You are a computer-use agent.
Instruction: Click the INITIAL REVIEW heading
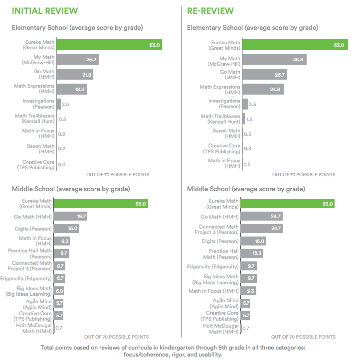(44, 10)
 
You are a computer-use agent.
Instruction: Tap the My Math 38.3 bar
(273, 60)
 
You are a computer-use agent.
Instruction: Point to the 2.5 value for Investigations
(66, 105)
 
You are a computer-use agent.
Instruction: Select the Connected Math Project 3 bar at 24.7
(262, 229)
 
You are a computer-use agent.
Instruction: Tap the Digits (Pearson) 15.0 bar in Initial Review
(66, 228)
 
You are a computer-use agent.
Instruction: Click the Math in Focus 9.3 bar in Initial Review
(61, 241)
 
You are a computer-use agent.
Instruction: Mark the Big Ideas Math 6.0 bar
(58, 291)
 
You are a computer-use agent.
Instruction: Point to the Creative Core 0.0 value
(62, 164)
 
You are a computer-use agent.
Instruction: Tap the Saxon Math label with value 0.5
(226, 134)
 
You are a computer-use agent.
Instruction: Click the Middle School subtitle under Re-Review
(246, 189)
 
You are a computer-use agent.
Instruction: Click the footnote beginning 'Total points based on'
(180, 350)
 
